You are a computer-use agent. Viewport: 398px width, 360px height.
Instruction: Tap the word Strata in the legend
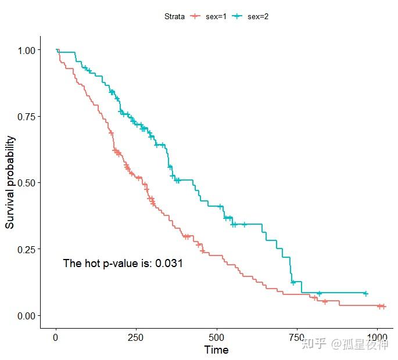[x=174, y=16]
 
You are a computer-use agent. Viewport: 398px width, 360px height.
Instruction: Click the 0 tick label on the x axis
[x=56, y=337]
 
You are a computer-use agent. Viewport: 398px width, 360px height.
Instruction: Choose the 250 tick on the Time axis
[x=136, y=337]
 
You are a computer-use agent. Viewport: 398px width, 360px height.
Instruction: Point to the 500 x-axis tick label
[x=216, y=337]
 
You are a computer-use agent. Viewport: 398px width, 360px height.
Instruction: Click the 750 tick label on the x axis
[x=297, y=337]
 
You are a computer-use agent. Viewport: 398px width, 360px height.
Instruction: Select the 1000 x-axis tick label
[x=377, y=337]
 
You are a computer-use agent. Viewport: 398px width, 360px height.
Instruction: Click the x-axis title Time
[x=216, y=350]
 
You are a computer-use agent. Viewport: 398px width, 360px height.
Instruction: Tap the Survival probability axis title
[x=10, y=182]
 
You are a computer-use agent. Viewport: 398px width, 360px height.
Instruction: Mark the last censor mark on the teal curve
[x=365, y=294]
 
